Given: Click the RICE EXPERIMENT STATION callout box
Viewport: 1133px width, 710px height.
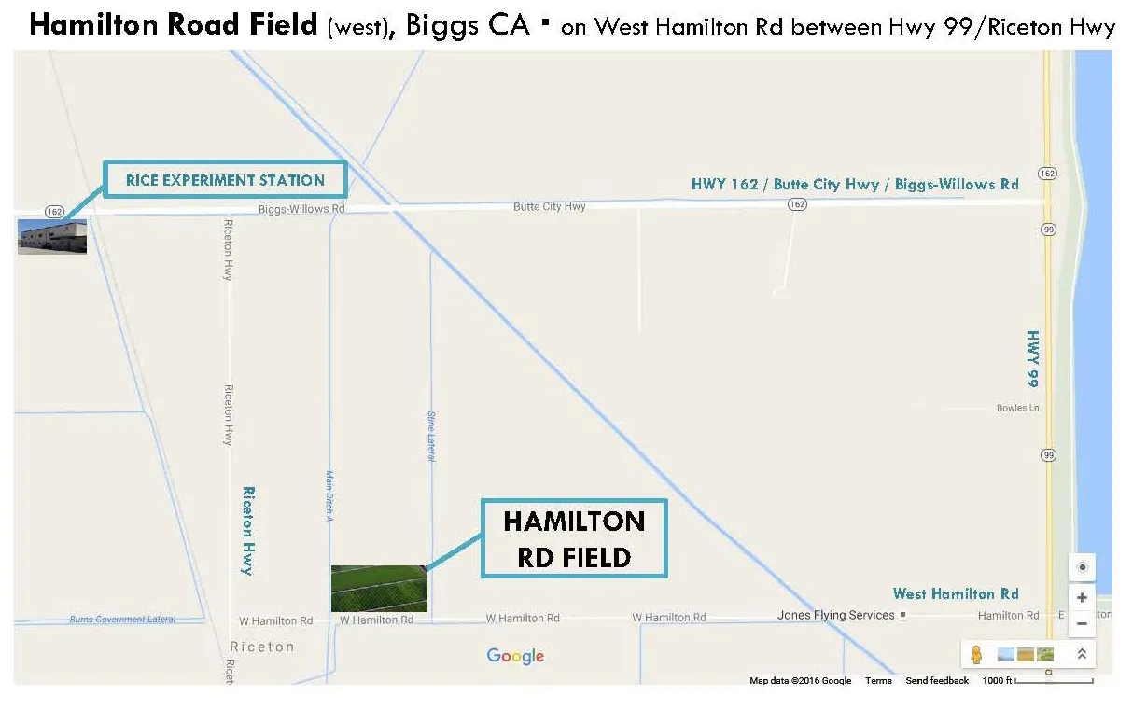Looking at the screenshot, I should click(x=225, y=179).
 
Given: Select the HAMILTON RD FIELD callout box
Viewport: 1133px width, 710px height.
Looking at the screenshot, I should click(x=574, y=538).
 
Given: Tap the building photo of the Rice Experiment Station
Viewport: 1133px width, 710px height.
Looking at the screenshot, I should click(x=52, y=236).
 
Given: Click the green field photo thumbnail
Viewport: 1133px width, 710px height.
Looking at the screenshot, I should click(x=379, y=588).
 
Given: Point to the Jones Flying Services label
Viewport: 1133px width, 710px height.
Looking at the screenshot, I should click(x=835, y=615).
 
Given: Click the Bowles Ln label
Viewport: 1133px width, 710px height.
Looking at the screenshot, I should click(x=1017, y=408).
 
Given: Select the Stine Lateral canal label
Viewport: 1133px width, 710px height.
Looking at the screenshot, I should click(x=431, y=436).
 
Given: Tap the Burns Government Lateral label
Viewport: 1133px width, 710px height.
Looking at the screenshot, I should click(x=121, y=620).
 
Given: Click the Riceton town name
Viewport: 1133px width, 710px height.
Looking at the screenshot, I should click(x=261, y=647).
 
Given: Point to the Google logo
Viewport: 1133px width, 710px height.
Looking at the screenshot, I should click(x=515, y=656).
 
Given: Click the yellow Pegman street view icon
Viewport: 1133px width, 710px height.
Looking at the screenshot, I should click(x=976, y=654).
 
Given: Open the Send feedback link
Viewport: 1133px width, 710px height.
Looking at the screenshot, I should click(x=937, y=681).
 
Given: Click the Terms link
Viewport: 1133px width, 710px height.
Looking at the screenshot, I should click(x=878, y=681).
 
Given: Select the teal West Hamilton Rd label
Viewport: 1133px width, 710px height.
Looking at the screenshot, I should click(x=956, y=593).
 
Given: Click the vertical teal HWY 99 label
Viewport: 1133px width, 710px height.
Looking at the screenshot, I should click(x=1033, y=358).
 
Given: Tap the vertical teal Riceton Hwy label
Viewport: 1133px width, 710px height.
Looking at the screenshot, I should click(x=248, y=530).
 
